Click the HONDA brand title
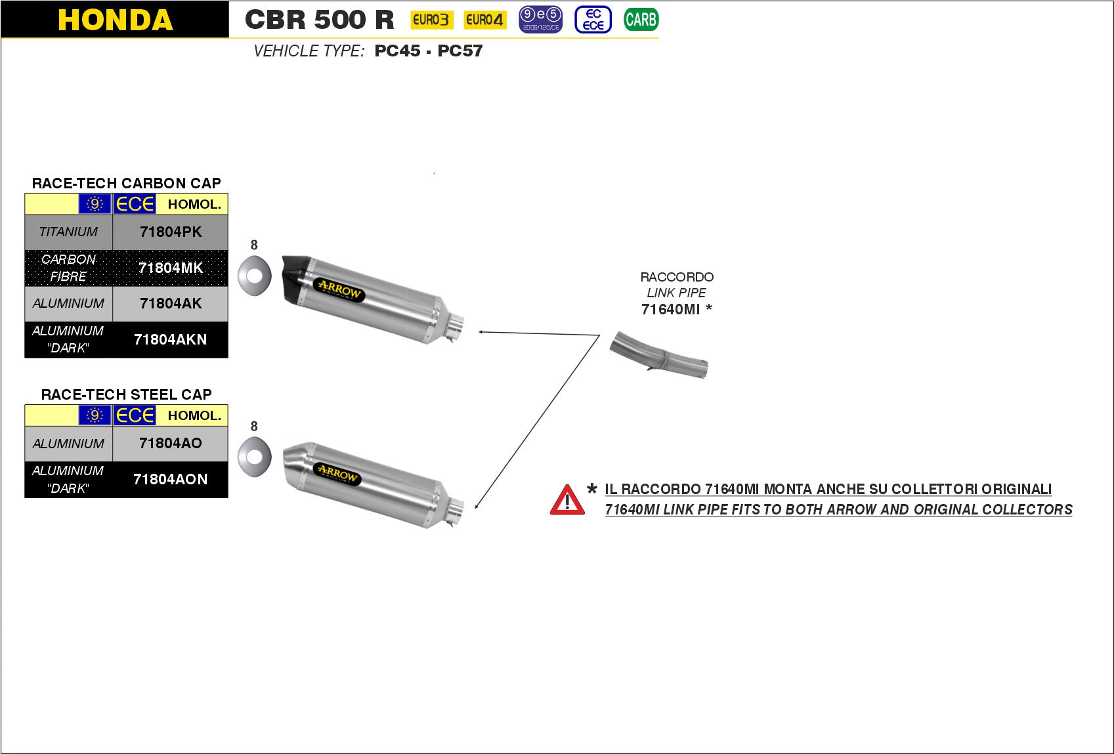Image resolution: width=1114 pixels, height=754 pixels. pos(115,20)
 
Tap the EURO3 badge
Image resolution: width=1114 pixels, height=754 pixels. pos(431,20)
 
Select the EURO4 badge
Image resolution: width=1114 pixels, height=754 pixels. pos(484,20)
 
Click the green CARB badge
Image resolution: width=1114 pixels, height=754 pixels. pos(641,20)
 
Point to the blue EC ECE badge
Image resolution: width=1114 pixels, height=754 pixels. pos(593,20)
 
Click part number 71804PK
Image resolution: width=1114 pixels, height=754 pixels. pos(171,232)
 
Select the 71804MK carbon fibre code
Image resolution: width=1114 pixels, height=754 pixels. pos(171,268)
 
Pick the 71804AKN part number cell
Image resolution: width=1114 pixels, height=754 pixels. pos(170,339)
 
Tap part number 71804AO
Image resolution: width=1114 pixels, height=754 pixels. pos(171,443)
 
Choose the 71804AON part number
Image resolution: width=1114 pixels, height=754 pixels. pos(170,479)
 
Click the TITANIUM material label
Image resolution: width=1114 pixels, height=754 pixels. pos(68,232)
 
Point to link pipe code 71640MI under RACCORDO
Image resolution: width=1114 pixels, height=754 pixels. pos(671,309)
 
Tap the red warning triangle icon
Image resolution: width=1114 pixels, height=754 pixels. pos(567,500)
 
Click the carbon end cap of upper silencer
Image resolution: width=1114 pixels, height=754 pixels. pos(293,278)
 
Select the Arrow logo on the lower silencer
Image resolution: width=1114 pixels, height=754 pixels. pos(338,474)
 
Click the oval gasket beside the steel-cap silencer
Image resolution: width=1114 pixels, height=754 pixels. pos(254,456)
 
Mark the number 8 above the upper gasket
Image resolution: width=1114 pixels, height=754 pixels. pos(254,245)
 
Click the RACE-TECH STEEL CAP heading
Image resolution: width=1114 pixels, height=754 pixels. pos(126,394)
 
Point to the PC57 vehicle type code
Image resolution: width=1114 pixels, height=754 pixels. pos(460,51)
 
